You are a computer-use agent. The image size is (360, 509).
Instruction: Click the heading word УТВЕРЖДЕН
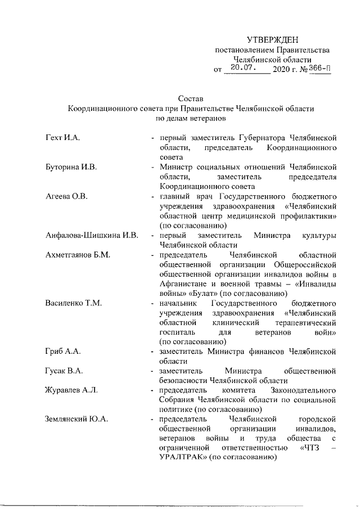[273, 39]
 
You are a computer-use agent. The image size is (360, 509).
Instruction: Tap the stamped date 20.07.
[244, 69]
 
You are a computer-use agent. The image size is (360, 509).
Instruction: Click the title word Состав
[190, 98]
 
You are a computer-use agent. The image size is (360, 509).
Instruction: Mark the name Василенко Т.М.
[73, 304]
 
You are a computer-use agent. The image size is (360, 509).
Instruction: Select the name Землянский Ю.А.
[77, 420]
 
